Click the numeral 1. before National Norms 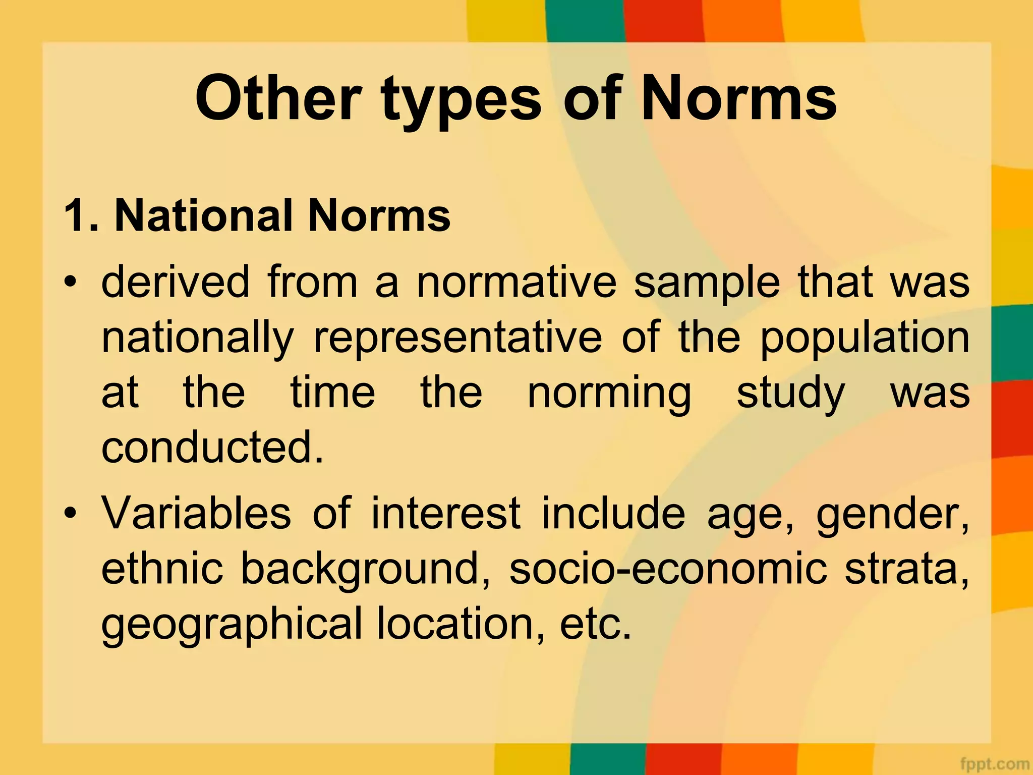click(81, 216)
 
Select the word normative click(516, 283)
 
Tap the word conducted click(212, 448)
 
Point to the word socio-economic click(668, 569)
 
